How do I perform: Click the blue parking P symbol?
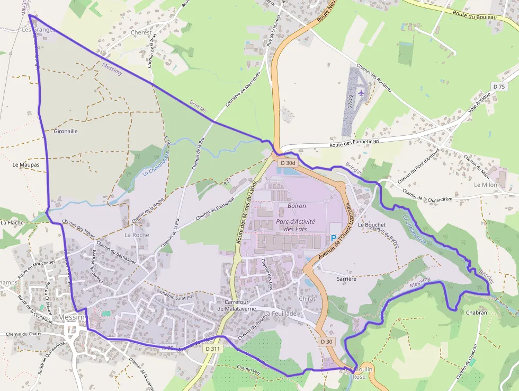click(334, 239)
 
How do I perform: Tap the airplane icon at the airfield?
click(361, 92)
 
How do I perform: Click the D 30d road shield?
click(288, 163)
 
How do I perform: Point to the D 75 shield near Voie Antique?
click(499, 86)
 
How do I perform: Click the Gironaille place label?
click(66, 131)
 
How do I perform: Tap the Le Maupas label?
click(26, 165)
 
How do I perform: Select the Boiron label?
click(297, 206)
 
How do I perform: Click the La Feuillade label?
click(281, 314)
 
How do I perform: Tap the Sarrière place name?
click(346, 278)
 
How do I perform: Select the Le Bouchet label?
click(372, 224)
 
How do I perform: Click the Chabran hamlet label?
click(476, 312)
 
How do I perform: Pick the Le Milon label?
click(485, 185)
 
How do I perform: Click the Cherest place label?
click(141, 32)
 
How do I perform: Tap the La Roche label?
click(137, 234)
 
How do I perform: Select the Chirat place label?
click(307, 299)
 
